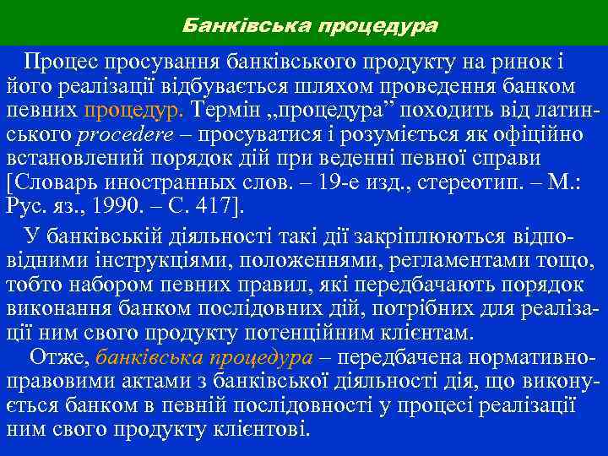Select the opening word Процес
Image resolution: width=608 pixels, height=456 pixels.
tap(61, 62)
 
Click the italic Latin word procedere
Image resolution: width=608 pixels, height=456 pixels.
tap(124, 135)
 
